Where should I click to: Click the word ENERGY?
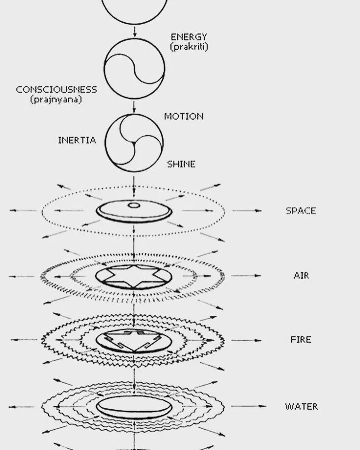point(189,37)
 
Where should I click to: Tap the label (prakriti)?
point(189,47)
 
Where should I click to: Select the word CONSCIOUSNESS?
point(56,90)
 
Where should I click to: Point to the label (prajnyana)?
point(56,99)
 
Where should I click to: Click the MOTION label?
point(183,116)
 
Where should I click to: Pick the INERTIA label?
point(77,140)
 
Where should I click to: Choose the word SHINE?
point(181,164)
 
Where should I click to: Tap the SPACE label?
point(301,211)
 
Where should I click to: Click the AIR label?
point(301,275)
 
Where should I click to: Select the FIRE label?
point(301,339)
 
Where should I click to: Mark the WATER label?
point(301,406)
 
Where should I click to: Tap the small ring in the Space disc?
point(134,205)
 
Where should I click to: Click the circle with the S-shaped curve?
point(134,68)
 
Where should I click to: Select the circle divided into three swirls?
point(134,143)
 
